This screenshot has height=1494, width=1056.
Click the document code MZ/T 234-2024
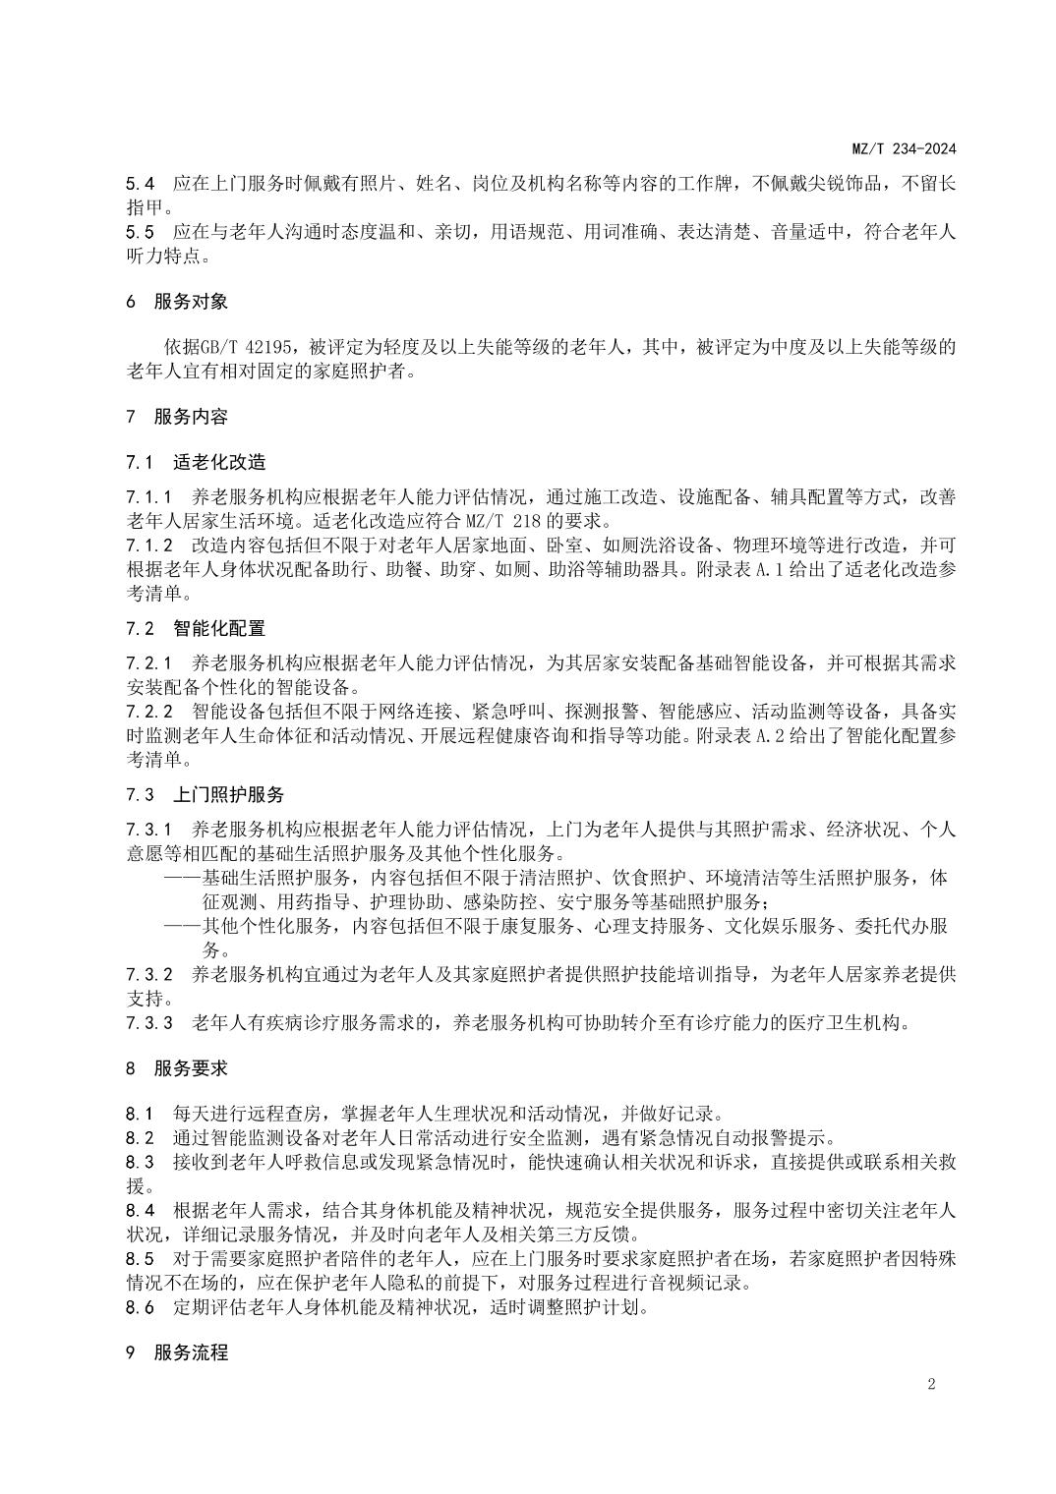coord(903,148)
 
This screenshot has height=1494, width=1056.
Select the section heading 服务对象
coord(191,302)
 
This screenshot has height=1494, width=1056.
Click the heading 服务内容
coord(191,417)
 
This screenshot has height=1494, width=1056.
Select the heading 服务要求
coord(191,1067)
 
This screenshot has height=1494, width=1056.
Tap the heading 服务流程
coord(191,1352)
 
